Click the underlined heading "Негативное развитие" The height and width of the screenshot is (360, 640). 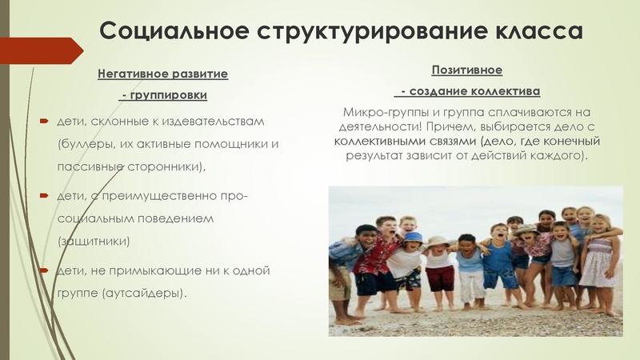pyautogui.click(x=162, y=74)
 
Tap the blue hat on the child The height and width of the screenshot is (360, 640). pyautogui.click(x=413, y=238)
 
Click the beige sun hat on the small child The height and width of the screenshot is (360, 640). pyautogui.click(x=437, y=241)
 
